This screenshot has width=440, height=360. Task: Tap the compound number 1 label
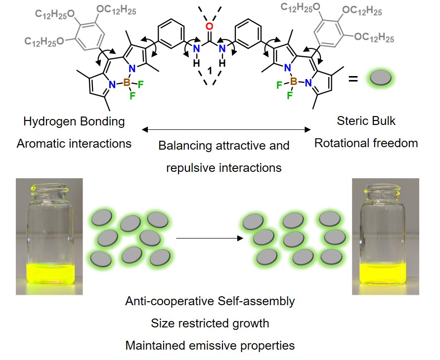(x=210, y=71)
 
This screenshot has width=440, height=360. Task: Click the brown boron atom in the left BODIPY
(x=127, y=84)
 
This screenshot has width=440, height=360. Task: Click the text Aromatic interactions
(x=74, y=144)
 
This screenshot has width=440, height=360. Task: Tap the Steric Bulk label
(x=366, y=121)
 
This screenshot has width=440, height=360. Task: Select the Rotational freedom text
(x=366, y=144)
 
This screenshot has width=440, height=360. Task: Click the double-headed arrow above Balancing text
(x=226, y=130)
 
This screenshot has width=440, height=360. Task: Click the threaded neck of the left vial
(x=49, y=189)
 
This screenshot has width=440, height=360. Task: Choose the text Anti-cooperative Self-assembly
(x=210, y=301)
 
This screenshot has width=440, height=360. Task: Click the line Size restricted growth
(x=210, y=323)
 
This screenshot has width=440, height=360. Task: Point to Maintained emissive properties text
(x=210, y=346)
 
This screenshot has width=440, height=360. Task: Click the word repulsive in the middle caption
(x=191, y=168)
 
